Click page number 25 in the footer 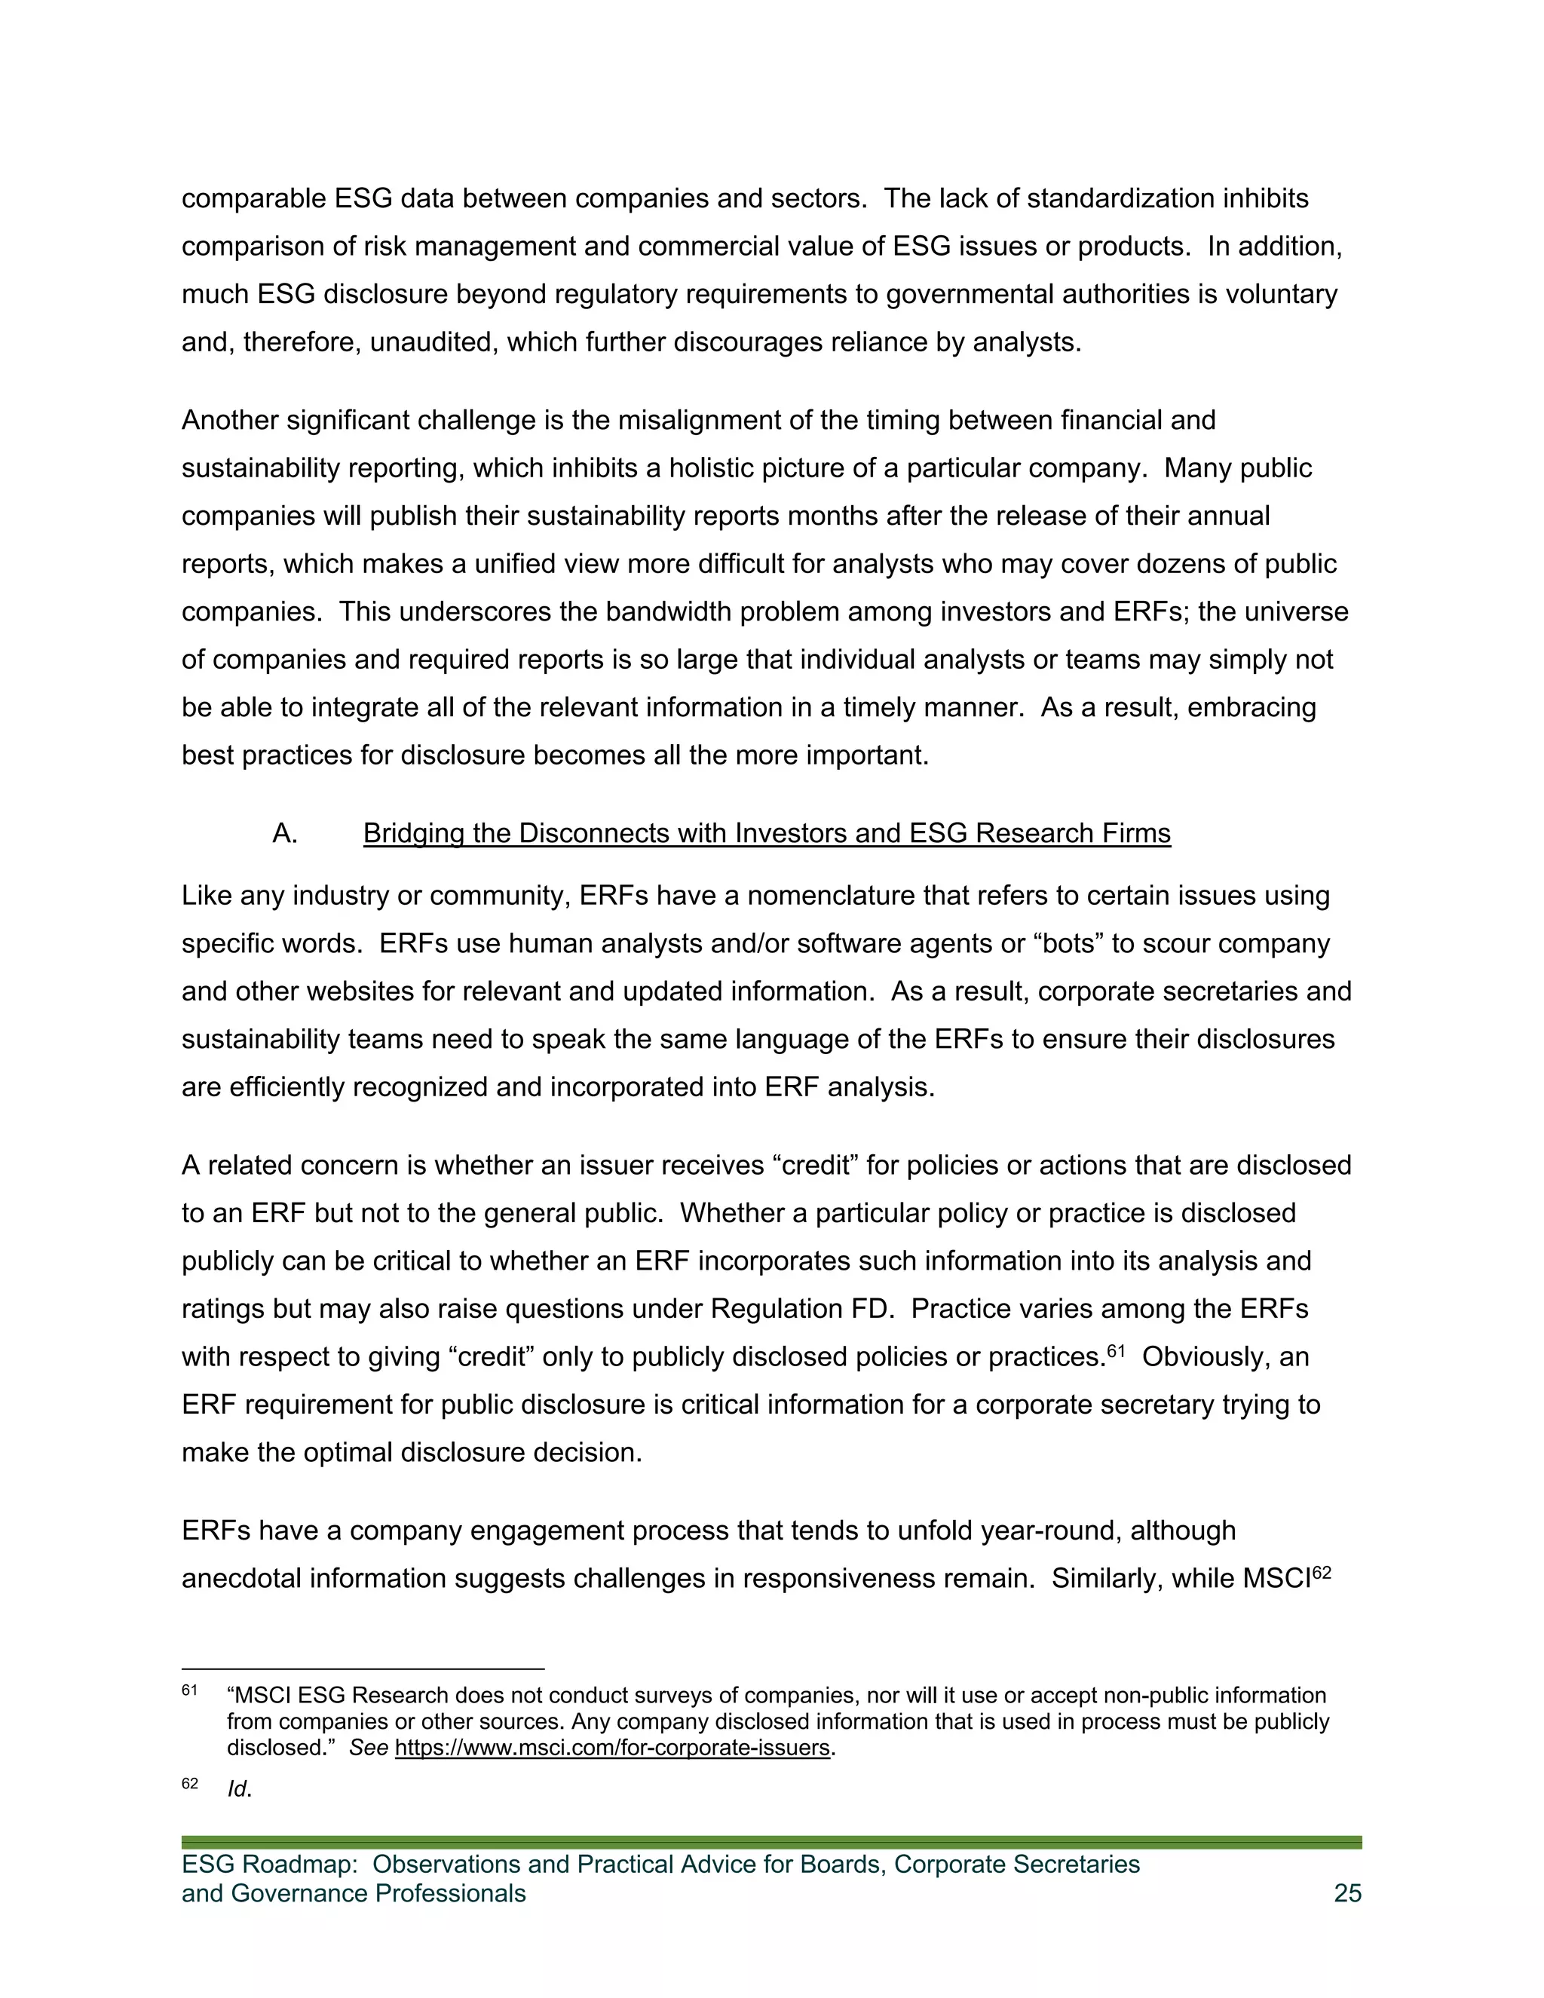tap(1347, 1892)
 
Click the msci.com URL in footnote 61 tap(613, 1748)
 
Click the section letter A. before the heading tap(284, 833)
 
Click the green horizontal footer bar tap(771, 1842)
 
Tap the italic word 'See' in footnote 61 tap(369, 1748)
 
